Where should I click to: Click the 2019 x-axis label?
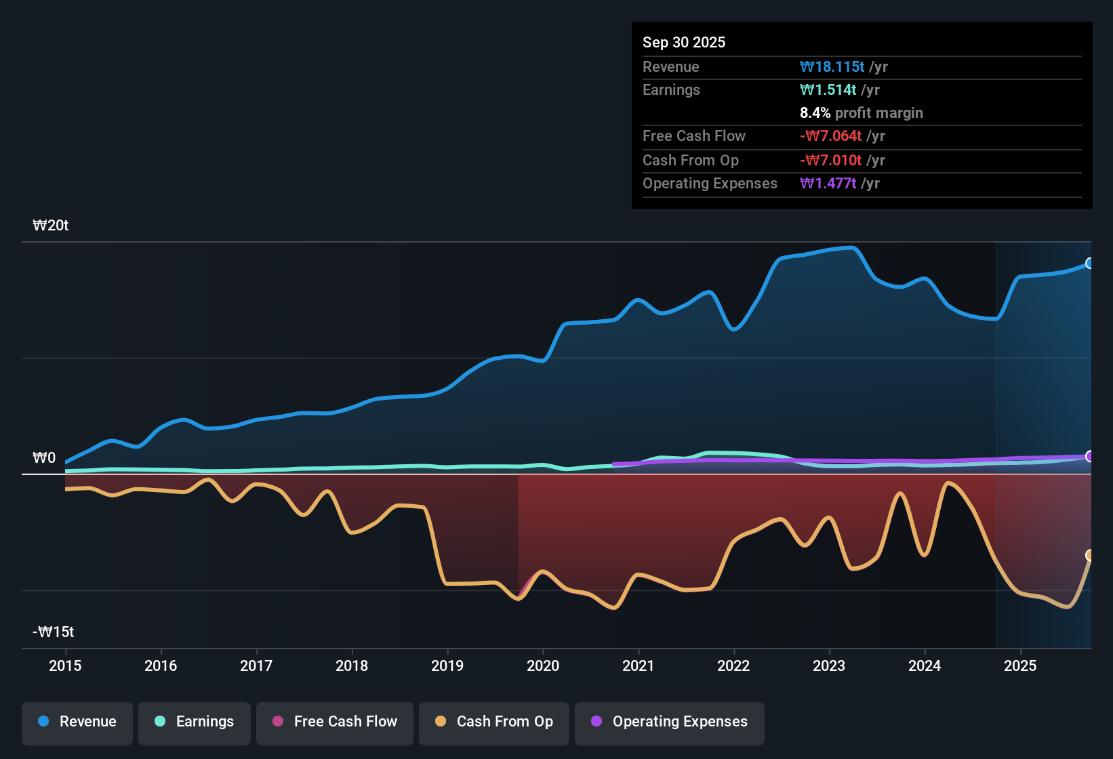447,665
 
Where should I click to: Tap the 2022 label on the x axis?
733,665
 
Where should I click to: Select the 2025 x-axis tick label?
1020,665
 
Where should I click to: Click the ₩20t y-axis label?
51,226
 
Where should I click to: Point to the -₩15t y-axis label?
53,632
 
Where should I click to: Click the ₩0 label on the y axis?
44,457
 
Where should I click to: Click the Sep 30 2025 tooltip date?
684,42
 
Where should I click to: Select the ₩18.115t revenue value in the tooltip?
832,66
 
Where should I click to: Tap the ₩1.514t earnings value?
828,90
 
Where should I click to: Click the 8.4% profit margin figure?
815,112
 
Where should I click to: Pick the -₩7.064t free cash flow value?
831,136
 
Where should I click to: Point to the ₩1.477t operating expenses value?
828,183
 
